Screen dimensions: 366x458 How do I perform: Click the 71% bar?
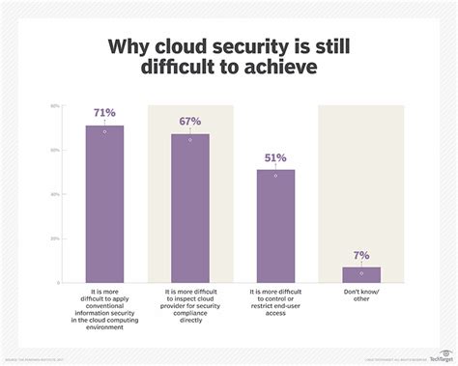point(104,202)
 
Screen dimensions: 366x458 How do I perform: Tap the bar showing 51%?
point(275,224)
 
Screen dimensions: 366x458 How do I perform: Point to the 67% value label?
point(189,123)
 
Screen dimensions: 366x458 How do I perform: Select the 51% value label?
point(275,158)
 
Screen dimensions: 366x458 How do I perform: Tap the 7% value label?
point(361,256)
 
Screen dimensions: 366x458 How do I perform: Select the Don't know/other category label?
point(361,294)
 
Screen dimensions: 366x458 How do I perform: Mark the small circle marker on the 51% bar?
point(275,176)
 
